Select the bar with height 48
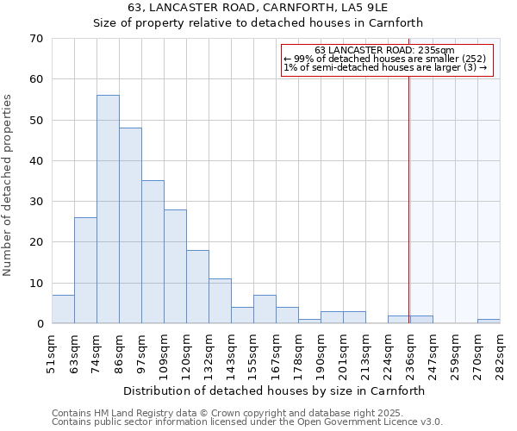click(x=130, y=226)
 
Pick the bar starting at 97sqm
click(x=153, y=252)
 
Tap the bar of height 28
click(x=175, y=266)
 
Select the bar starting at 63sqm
click(x=85, y=271)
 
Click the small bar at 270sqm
click(x=489, y=322)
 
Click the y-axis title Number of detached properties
click(x=9, y=185)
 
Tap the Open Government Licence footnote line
click(x=246, y=422)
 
